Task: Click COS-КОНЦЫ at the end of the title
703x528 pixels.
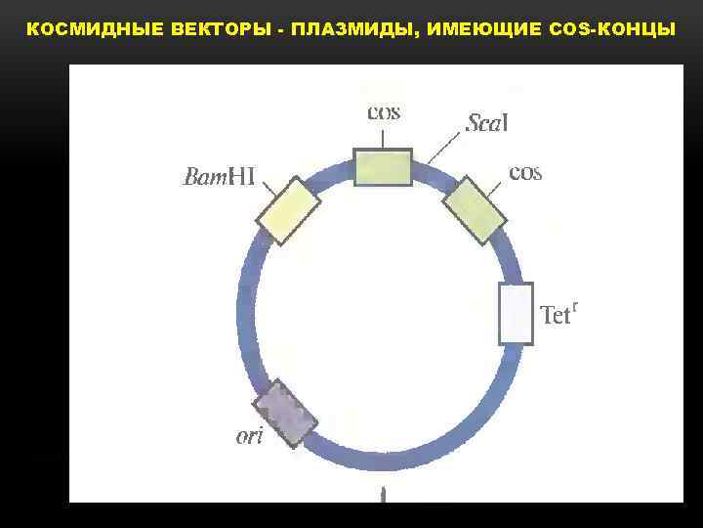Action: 612,29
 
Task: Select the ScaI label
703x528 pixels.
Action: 488,123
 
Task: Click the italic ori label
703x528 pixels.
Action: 250,436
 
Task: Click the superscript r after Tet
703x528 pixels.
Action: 576,307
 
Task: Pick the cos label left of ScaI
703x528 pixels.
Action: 383,111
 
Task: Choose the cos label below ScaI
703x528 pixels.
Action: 525,173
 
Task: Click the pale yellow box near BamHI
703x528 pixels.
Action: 288,210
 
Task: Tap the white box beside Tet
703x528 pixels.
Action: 516,314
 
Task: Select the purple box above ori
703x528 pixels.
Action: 285,412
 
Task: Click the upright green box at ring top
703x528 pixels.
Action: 383,167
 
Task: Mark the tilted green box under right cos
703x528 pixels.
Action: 475,210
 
